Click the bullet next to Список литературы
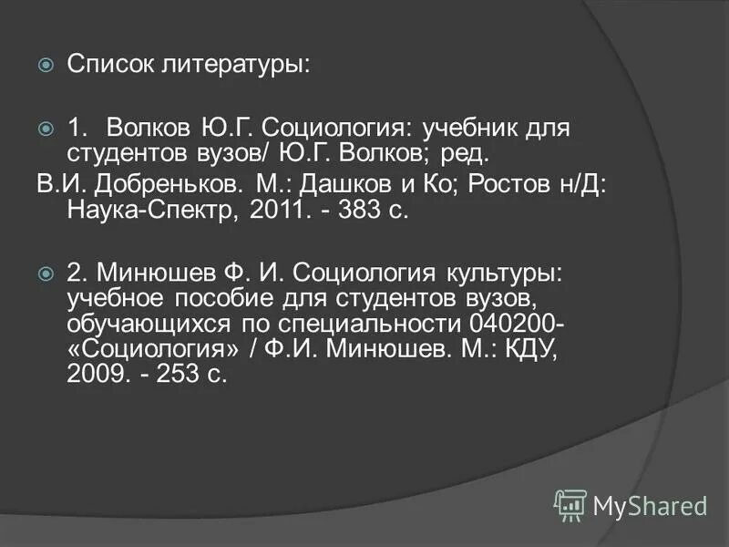pyautogui.click(x=46, y=67)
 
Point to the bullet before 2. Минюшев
pyautogui.click(x=46, y=273)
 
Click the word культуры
pyautogui.click(x=497, y=273)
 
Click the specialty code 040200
pyautogui.click(x=514, y=325)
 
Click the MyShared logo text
pyautogui.click(x=650, y=504)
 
